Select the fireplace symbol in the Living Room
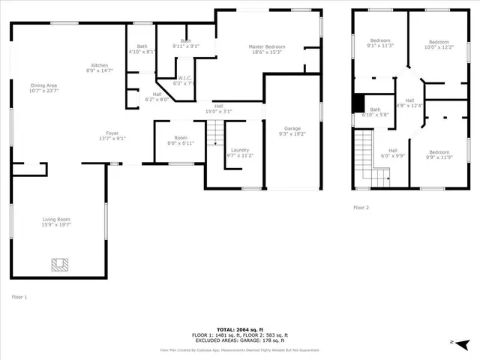click(x=58, y=264)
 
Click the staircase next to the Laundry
click(x=215, y=135)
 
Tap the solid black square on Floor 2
click(x=358, y=104)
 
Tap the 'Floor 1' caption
click(x=19, y=297)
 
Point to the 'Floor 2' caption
click(x=361, y=207)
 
